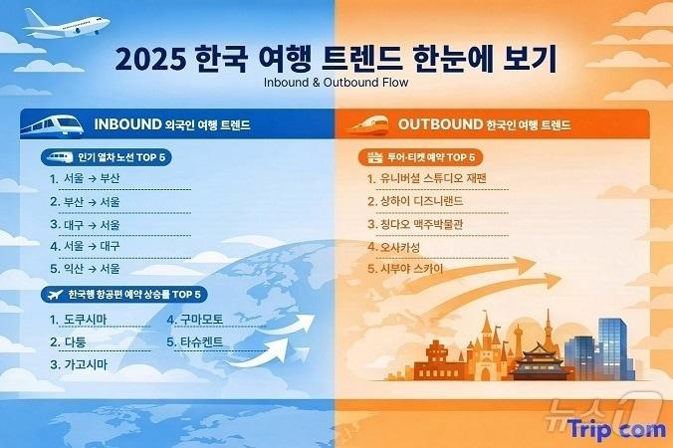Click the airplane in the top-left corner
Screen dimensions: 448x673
tap(66, 22)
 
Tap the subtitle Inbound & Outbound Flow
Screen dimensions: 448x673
tap(336, 82)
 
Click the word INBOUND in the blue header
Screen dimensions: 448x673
tap(126, 125)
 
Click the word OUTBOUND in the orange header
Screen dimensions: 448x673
tap(439, 125)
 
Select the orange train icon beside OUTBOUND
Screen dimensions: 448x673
tap(367, 125)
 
